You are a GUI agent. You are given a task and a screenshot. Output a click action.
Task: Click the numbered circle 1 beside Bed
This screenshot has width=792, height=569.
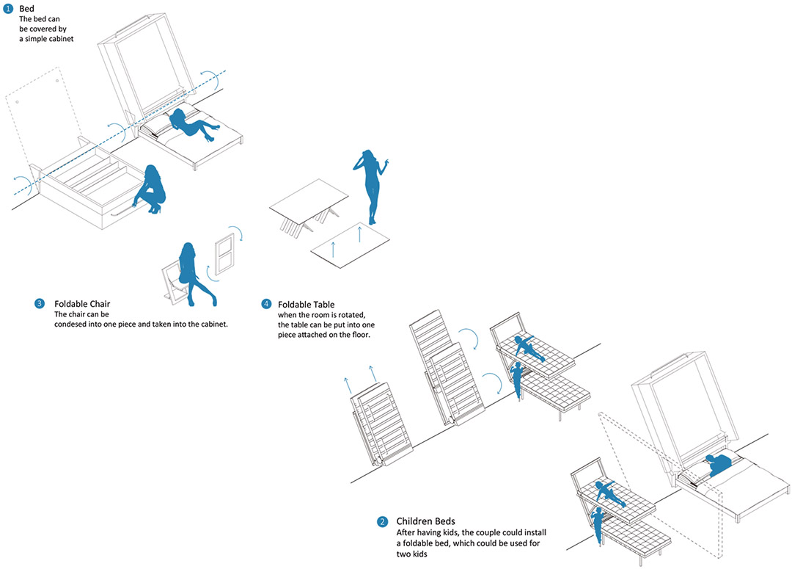(x=8, y=9)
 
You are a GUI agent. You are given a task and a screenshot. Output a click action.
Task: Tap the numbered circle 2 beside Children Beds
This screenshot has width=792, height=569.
(x=382, y=521)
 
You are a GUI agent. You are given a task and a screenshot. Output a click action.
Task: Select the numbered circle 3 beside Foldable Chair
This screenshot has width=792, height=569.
(x=40, y=303)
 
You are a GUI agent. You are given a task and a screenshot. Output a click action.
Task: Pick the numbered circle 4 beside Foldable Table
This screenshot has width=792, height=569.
(x=266, y=304)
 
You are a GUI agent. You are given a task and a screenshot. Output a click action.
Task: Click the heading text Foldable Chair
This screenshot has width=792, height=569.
(x=82, y=304)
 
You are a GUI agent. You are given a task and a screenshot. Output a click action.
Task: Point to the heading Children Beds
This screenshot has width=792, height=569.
(x=426, y=521)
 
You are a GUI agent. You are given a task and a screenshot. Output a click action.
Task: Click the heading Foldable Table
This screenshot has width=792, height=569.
(x=306, y=305)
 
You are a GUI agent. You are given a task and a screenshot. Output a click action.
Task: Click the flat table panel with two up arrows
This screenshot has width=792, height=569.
(x=350, y=245)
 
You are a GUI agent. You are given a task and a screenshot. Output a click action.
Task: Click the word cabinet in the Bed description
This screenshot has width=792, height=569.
(x=61, y=39)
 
